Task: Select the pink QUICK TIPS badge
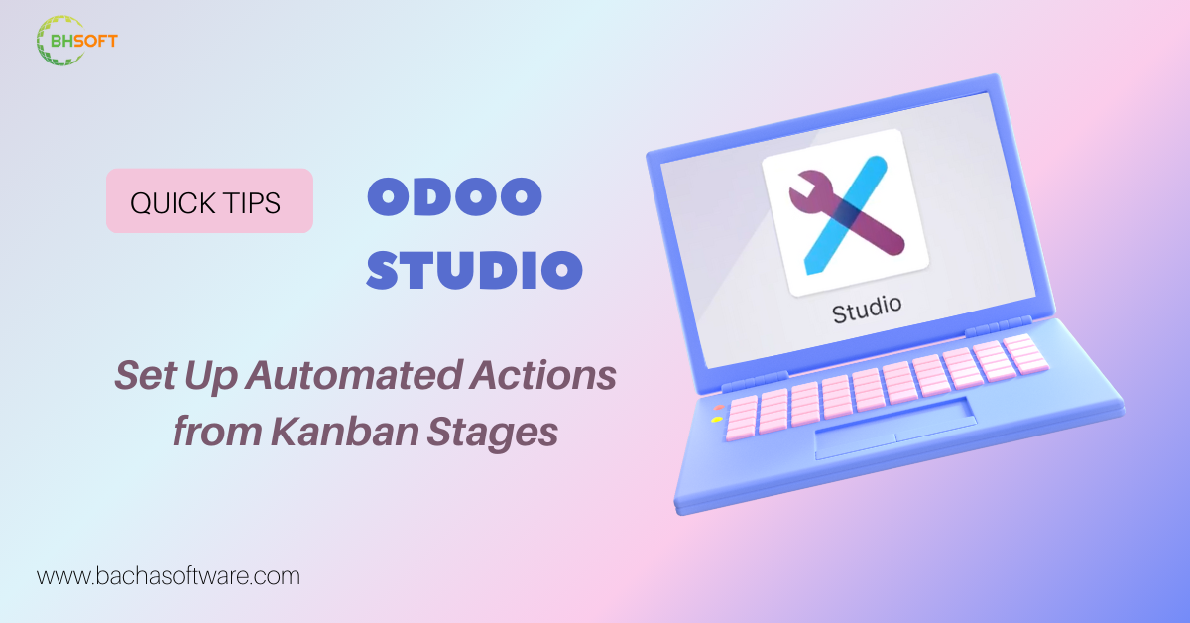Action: click(x=209, y=201)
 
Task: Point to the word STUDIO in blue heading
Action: click(x=474, y=270)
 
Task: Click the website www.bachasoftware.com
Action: click(x=169, y=575)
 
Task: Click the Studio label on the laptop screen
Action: click(x=867, y=310)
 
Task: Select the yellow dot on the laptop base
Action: click(x=717, y=420)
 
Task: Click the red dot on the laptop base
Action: click(x=718, y=406)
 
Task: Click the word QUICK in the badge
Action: click(x=169, y=202)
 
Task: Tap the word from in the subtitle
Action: click(x=210, y=434)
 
